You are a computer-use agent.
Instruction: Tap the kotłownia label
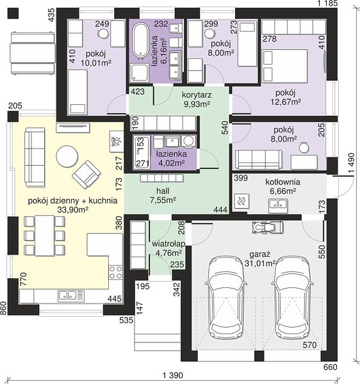282,182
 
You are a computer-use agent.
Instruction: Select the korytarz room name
197,95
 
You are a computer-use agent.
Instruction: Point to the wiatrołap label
168,244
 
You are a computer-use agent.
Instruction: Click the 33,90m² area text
73,210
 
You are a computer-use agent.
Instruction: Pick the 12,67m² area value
286,102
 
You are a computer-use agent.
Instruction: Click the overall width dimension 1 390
173,375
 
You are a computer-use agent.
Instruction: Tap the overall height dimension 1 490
351,163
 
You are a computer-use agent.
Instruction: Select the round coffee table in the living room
67,157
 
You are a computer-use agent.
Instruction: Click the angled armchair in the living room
86,174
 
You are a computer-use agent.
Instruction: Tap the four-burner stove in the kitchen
116,273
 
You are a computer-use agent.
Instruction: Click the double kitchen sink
71,296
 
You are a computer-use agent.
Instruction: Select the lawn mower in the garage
267,227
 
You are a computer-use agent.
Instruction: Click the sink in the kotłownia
278,205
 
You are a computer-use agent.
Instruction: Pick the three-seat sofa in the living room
35,157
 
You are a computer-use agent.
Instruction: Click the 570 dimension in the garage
309,345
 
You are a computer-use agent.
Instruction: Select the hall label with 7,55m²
163,195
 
